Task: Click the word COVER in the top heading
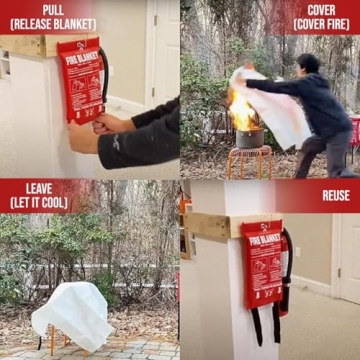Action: click(322, 8)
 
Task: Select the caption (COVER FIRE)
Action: click(322, 23)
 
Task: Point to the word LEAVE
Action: click(38, 190)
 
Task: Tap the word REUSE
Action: click(335, 196)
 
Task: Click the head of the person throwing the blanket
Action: click(310, 63)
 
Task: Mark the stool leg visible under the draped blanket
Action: click(57, 343)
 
